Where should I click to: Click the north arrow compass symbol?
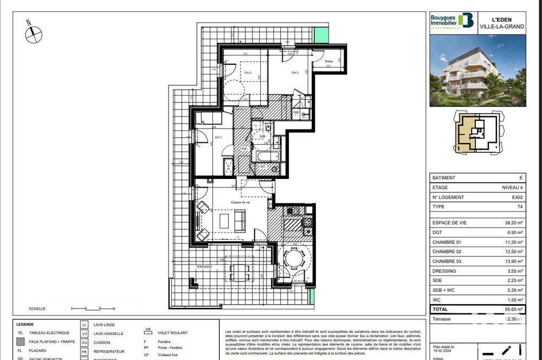33,33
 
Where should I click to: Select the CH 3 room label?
295,73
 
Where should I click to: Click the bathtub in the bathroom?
264,158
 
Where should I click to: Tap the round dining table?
294,258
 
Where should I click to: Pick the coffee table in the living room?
224,221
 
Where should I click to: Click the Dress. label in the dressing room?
328,61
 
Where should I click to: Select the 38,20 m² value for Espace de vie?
513,223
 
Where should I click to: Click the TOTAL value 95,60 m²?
513,310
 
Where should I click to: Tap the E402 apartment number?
518,197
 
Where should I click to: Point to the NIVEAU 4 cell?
513,188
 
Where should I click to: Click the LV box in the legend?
84,333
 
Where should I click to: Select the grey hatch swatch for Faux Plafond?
20,342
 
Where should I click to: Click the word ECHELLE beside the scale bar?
38,308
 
